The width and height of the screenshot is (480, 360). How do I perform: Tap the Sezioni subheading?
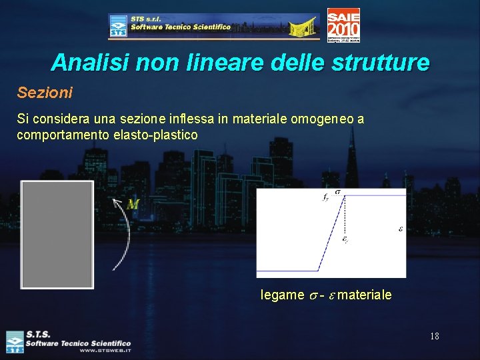tap(45, 92)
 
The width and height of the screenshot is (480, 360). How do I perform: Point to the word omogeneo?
tap(319, 119)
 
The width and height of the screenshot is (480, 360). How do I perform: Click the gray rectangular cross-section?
tap(57, 234)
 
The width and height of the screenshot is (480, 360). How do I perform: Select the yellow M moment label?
tap(133, 205)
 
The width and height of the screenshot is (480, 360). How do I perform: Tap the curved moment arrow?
tap(121, 237)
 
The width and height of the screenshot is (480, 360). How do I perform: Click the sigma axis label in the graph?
tap(338, 191)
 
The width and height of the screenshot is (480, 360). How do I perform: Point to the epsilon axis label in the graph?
tap(400, 228)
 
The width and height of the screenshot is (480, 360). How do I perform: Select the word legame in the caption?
tap(282, 295)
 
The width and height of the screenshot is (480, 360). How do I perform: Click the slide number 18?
tap(434, 336)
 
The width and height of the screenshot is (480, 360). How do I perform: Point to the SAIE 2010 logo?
tap(343, 25)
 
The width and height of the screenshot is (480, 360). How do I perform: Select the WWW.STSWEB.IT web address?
tap(105, 350)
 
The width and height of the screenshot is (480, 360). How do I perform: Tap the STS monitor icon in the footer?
tap(15, 341)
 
